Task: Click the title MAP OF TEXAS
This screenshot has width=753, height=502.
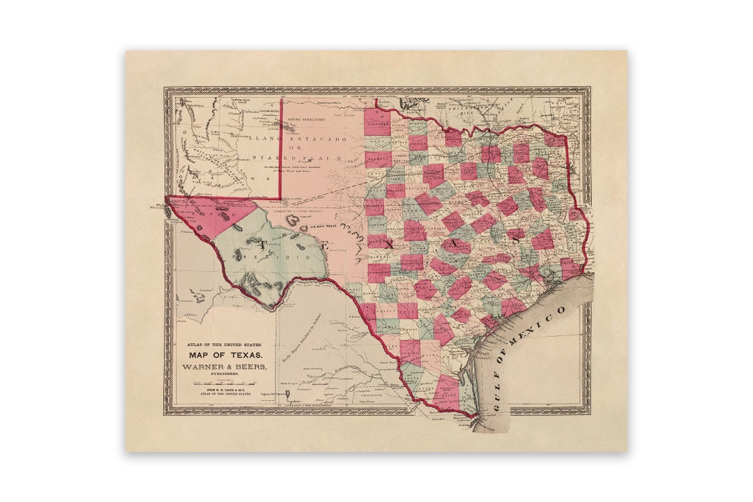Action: pos(215,355)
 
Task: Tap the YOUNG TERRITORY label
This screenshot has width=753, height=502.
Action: pos(306,120)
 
